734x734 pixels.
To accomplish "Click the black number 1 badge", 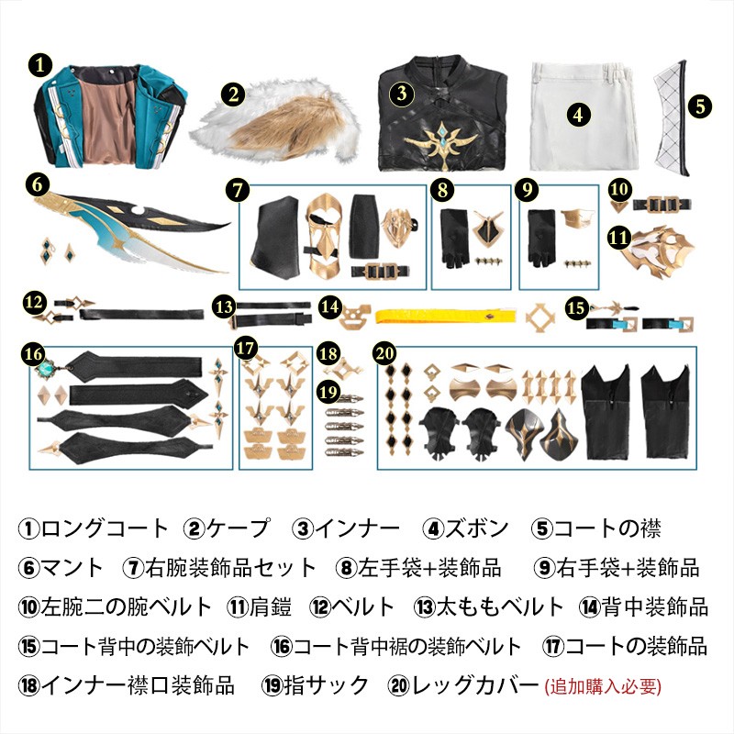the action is (40, 64).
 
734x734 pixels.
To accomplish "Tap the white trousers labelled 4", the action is (584, 117).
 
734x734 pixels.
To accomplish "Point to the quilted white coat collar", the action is (672, 118).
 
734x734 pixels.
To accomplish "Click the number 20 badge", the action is (384, 353).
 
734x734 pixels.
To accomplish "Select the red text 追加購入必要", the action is (603, 686).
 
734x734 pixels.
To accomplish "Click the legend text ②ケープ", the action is (227, 528).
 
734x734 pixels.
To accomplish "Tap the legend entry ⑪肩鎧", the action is (259, 607).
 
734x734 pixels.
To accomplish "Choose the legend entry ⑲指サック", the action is (315, 685).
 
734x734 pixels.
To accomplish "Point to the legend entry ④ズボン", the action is (465, 528).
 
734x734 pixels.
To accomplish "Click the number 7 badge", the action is (238, 190).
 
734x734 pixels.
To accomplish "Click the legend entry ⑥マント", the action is (61, 567).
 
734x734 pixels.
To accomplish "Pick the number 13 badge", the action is (224, 306).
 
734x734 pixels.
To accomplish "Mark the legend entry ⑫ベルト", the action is (352, 607).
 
